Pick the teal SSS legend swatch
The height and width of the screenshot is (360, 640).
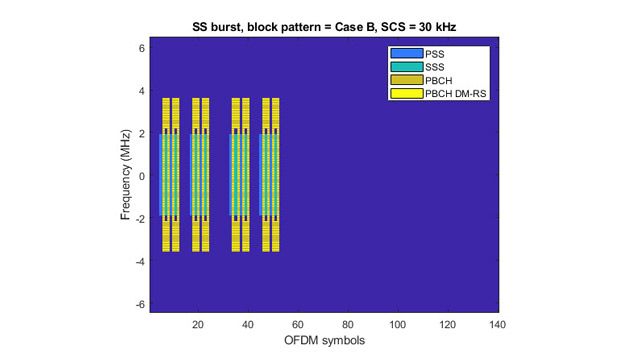coord(405,67)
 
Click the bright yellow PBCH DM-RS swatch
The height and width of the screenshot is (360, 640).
coord(405,94)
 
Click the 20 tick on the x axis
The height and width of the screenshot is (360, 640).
coord(198,324)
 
